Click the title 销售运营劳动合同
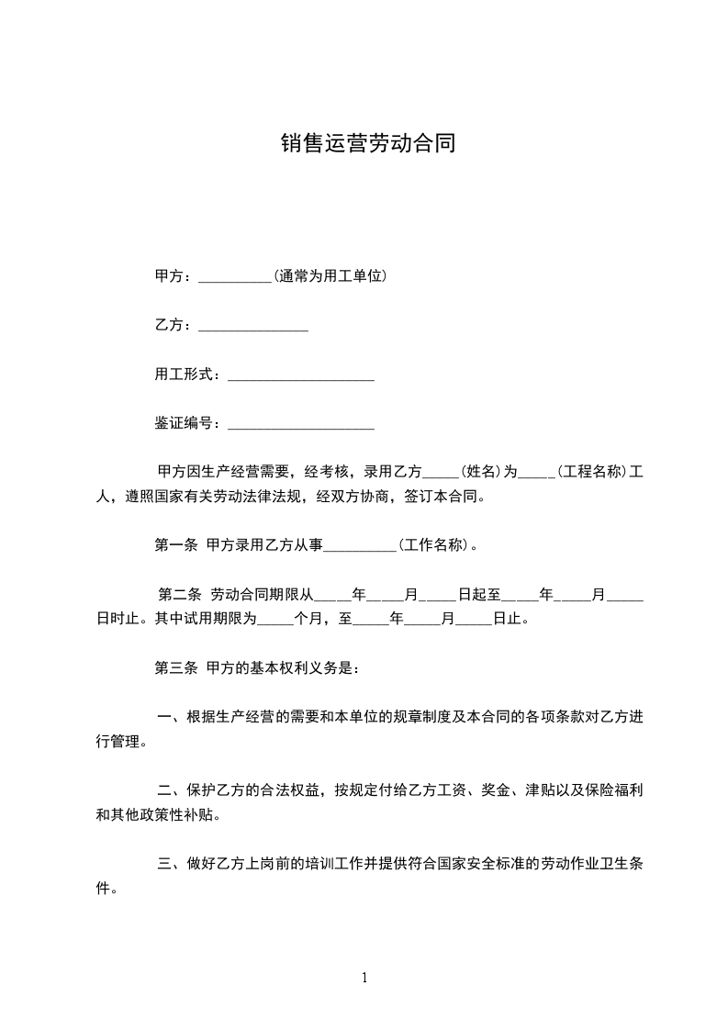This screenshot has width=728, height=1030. (368, 144)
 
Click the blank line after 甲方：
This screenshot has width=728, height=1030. (234, 277)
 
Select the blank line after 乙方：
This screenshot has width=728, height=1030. (252, 327)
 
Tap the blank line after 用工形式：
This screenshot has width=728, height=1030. (300, 376)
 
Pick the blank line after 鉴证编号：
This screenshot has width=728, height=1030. (300, 425)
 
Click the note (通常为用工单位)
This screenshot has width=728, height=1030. (330, 275)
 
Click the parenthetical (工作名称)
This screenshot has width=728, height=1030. (435, 545)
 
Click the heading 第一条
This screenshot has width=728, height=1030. (175, 545)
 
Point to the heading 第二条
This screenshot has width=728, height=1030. (179, 595)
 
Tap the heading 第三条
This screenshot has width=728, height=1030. (175, 668)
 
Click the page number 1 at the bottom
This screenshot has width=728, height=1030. (364, 979)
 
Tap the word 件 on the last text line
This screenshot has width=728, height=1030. (103, 889)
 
